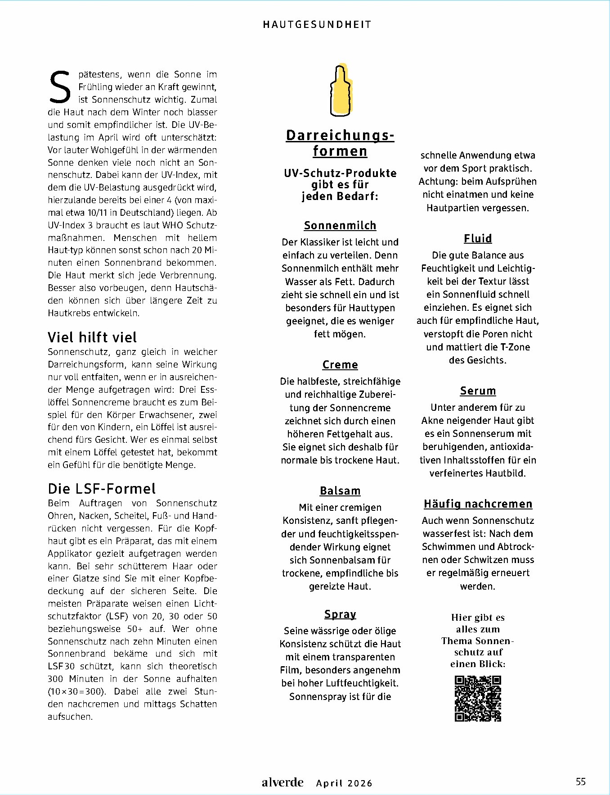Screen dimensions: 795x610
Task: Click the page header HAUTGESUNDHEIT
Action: [x=317, y=25]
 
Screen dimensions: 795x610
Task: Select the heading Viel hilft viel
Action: [x=92, y=337]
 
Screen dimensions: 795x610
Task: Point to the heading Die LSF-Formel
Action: [x=102, y=489]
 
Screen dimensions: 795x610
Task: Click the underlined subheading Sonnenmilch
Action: [x=340, y=226]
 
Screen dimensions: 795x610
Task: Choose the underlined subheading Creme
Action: [x=340, y=365]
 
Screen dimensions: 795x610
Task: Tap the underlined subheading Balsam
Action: [x=340, y=491]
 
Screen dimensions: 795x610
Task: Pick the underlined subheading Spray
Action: [x=340, y=614]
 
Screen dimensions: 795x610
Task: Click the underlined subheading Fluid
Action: [x=478, y=239]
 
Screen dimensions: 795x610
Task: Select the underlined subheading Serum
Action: [x=478, y=391]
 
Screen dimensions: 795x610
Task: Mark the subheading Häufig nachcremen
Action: [x=478, y=504]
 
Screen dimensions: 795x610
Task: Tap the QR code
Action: [x=478, y=699]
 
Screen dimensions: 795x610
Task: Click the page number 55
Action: [x=581, y=781]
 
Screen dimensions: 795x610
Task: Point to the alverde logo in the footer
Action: [x=283, y=782]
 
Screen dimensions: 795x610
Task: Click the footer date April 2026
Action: [x=344, y=783]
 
